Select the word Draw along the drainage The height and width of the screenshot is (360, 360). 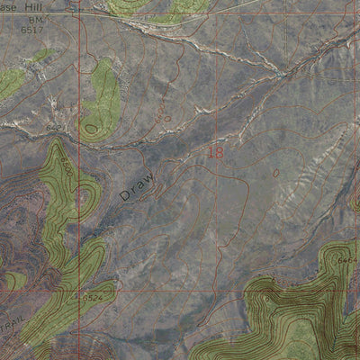coord(137,186)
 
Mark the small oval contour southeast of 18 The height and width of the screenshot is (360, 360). coord(276,171)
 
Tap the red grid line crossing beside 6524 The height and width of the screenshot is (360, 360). coord(80,290)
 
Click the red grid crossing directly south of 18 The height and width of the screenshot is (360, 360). coord(216,290)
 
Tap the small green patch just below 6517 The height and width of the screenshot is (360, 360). coord(40,56)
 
